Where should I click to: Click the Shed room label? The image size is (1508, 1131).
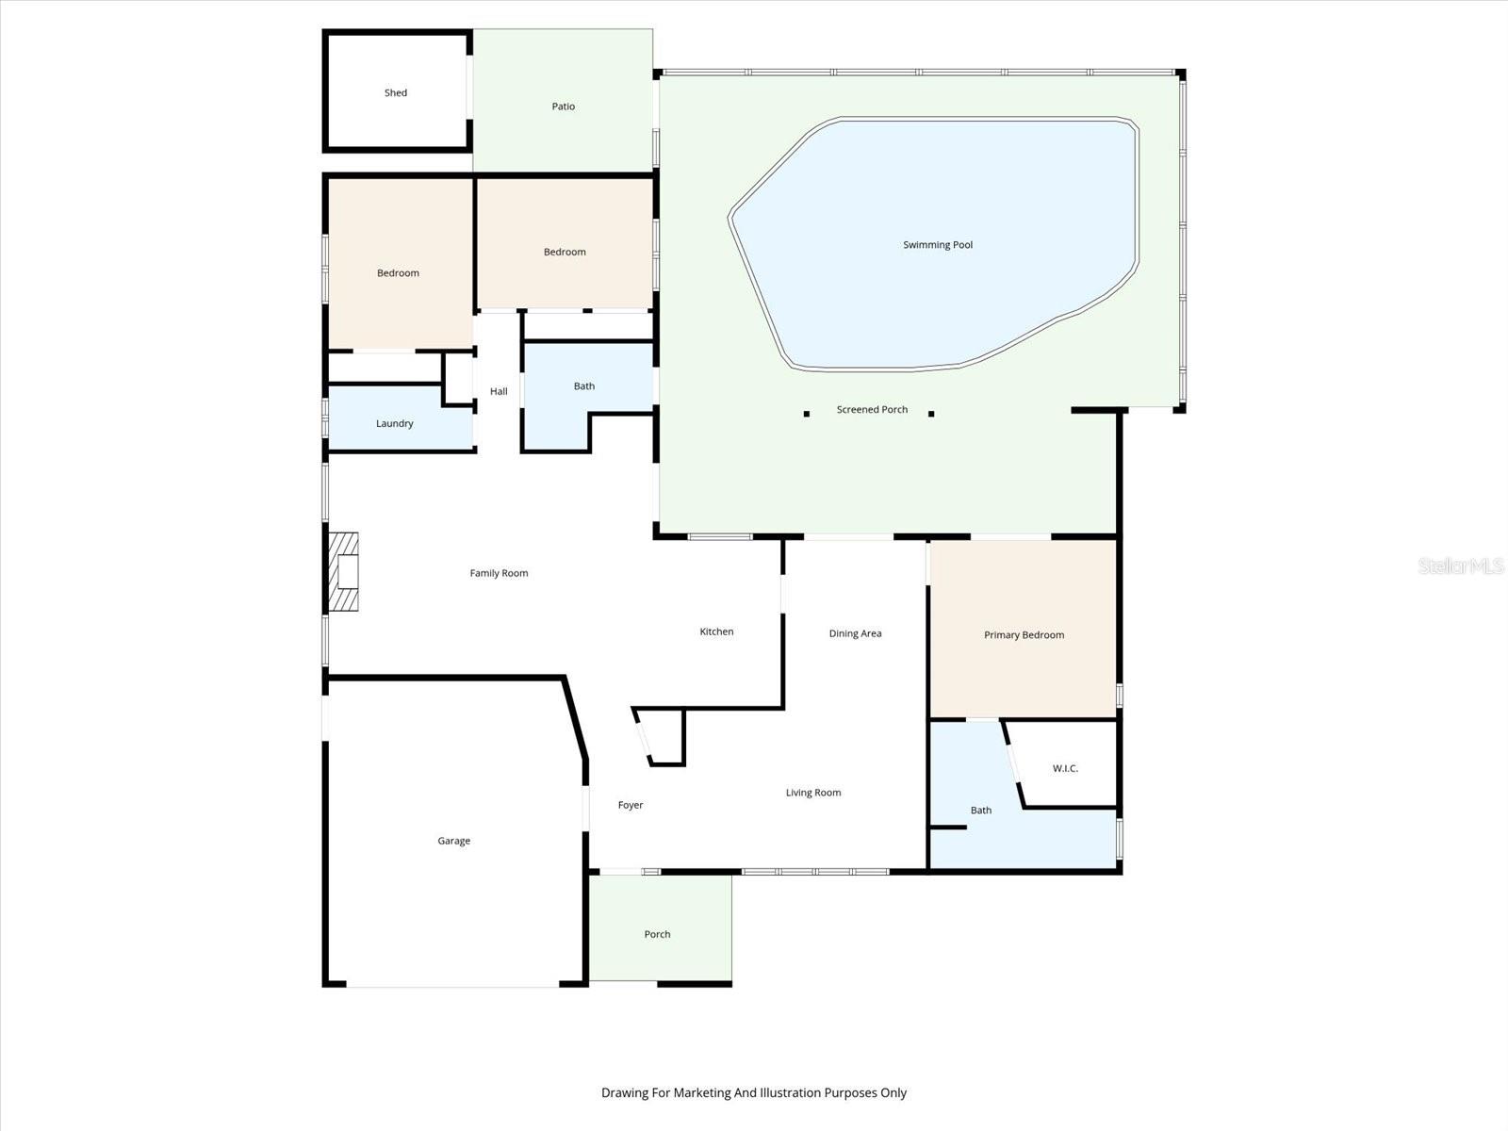click(x=396, y=92)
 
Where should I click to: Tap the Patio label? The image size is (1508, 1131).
click(x=564, y=107)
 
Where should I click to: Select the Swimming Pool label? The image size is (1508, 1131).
click(x=938, y=245)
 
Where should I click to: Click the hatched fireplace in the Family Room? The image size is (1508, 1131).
click(x=344, y=572)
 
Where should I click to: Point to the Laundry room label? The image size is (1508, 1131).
click(x=395, y=423)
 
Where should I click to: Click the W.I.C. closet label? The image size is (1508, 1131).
click(x=1065, y=768)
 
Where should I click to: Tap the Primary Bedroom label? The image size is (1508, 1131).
click(x=1024, y=634)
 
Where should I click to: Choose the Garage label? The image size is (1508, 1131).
click(x=453, y=841)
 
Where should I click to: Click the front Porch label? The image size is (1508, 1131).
click(x=657, y=934)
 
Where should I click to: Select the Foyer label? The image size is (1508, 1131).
click(x=631, y=805)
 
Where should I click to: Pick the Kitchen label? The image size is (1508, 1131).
click(x=716, y=631)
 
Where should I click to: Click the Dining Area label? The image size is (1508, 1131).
click(x=855, y=633)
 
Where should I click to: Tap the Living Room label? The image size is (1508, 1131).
click(x=813, y=793)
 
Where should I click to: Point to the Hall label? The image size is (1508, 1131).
click(x=499, y=391)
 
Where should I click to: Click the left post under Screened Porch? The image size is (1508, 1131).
click(x=807, y=414)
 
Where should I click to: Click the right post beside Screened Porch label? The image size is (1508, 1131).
click(x=931, y=414)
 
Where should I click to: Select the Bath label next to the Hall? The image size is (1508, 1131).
click(x=584, y=385)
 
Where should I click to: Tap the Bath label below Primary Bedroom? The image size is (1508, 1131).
click(x=981, y=810)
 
